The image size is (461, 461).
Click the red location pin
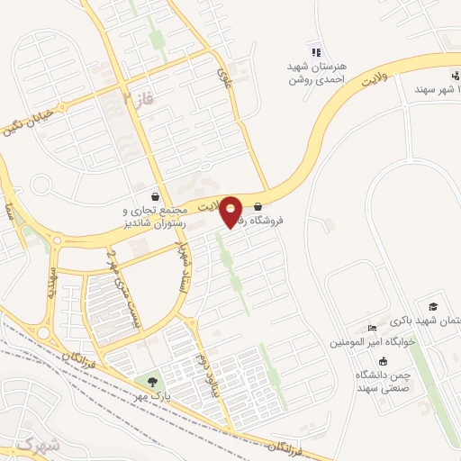(x=232, y=212)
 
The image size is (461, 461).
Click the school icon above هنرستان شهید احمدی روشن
(x=314, y=52)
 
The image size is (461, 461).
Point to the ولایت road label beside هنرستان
(x=381, y=80)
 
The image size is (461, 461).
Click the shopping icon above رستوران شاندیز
(x=157, y=195)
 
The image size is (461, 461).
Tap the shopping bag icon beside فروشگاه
(x=259, y=205)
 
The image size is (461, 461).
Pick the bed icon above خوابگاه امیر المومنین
(x=372, y=328)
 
